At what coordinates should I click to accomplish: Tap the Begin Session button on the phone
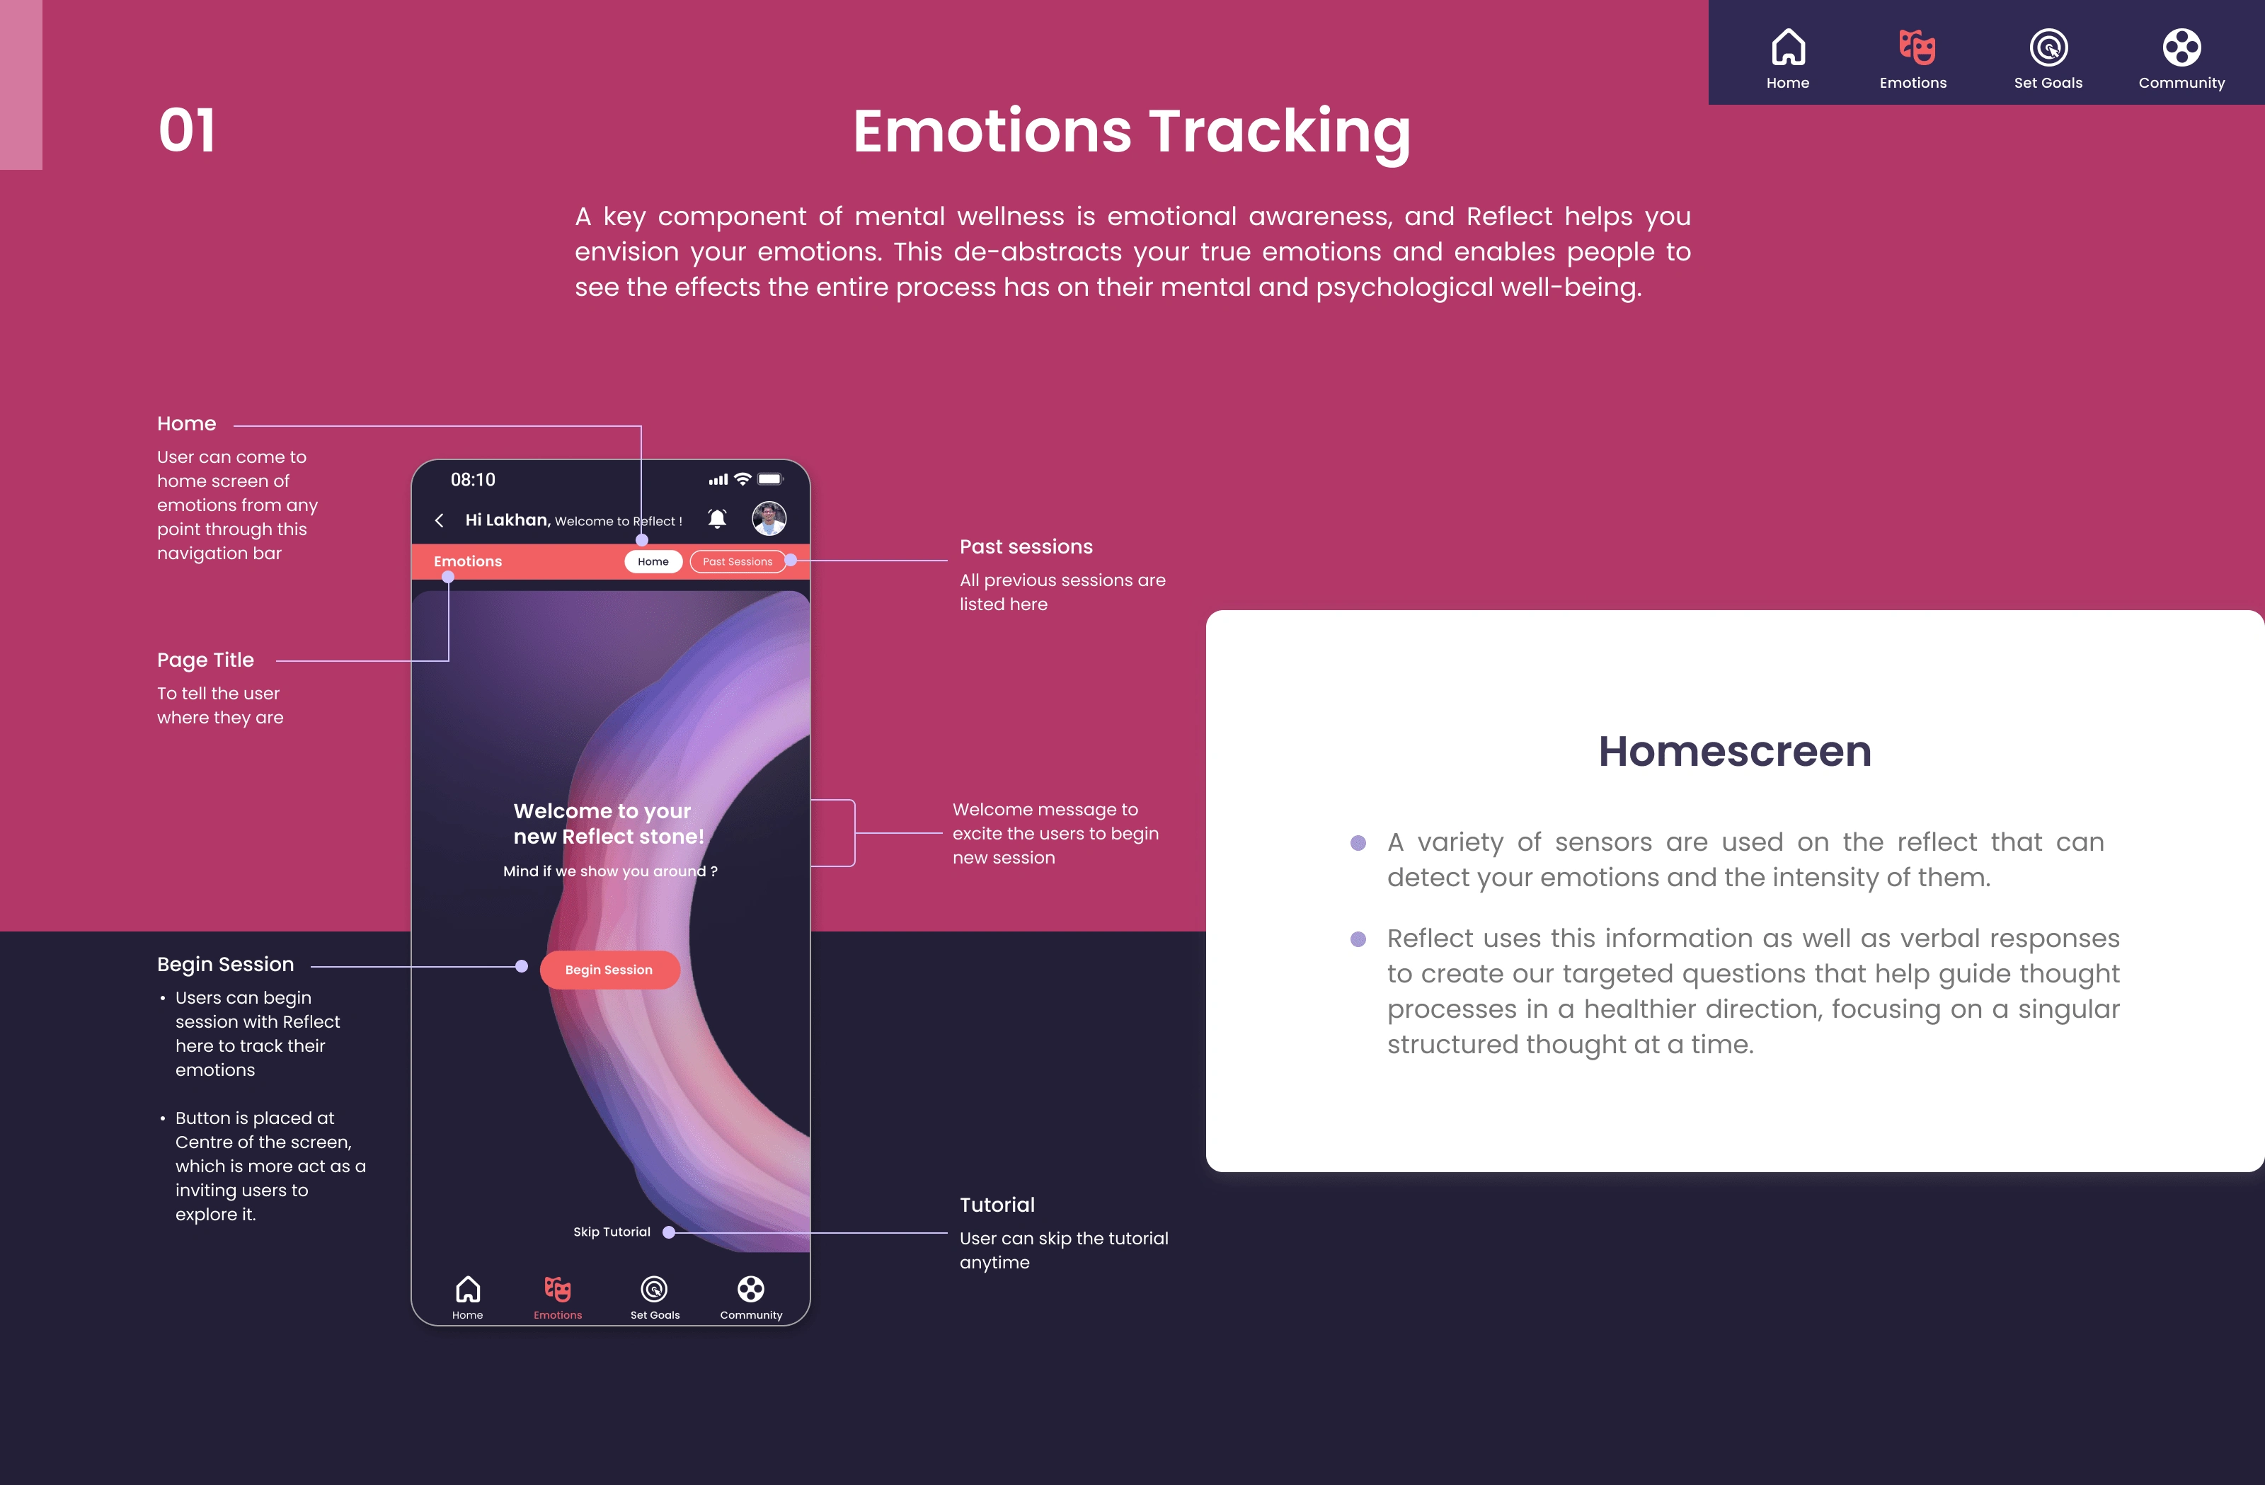coord(609,969)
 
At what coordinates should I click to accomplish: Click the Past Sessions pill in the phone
coord(738,561)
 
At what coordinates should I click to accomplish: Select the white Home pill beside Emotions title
coord(653,561)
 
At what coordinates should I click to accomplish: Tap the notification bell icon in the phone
coord(718,519)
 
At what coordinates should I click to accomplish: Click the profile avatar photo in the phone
coord(769,519)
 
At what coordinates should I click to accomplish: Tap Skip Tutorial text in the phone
coord(612,1232)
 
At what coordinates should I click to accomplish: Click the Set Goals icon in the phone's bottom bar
coord(654,1289)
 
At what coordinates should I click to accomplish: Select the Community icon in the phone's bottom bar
coord(751,1289)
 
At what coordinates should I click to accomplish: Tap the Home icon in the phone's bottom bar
coord(467,1289)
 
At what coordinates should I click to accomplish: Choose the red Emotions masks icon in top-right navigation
coord(1917,47)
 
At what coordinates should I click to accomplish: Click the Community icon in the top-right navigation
coord(2181,47)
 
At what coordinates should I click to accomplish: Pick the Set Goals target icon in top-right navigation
coord(2048,47)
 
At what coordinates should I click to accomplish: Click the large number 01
coord(187,130)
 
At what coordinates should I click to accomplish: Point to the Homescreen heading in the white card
coord(1734,751)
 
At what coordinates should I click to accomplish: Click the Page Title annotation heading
coord(205,660)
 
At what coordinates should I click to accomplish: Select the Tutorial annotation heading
coord(997,1204)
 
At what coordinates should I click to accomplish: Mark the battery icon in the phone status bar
coord(770,478)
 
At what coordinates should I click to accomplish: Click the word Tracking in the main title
coord(1280,132)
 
